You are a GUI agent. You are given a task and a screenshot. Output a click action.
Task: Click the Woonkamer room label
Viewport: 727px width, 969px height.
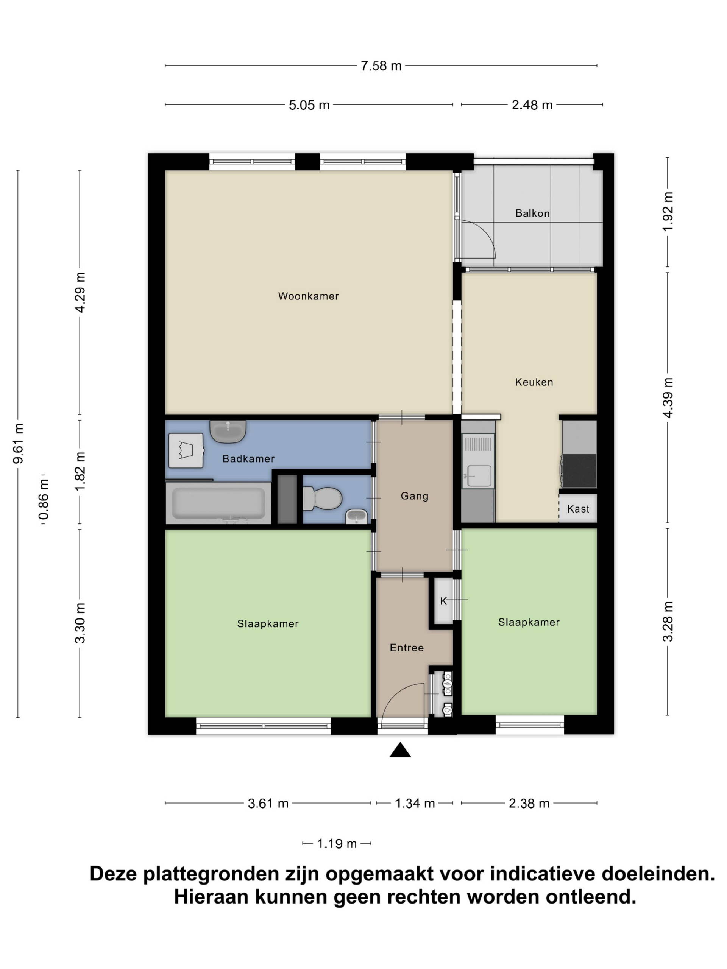(308, 296)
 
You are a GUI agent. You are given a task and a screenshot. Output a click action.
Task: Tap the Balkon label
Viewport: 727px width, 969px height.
(532, 213)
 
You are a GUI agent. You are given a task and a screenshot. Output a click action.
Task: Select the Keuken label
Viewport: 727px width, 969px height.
(534, 382)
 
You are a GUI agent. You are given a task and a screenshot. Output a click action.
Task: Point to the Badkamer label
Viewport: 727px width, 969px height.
(248, 459)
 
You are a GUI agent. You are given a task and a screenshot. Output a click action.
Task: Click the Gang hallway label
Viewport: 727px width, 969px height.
(414, 496)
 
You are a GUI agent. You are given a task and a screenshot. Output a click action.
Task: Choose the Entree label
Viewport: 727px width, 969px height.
(407, 648)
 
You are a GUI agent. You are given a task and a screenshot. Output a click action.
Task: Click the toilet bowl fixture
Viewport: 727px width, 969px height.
(322, 499)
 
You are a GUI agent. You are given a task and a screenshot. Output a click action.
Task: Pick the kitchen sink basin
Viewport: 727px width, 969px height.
(479, 475)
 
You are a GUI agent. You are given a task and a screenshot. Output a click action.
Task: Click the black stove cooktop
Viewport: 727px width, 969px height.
(579, 470)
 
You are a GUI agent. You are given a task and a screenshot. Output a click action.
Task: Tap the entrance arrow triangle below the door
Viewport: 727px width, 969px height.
(400, 750)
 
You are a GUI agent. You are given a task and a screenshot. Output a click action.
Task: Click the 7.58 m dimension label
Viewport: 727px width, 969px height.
(381, 66)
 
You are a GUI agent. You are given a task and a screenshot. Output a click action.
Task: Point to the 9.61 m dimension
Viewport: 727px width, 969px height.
(19, 443)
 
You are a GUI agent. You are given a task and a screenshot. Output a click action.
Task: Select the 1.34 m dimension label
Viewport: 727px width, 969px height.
(415, 803)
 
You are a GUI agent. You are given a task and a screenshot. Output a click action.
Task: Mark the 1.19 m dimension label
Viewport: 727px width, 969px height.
(337, 843)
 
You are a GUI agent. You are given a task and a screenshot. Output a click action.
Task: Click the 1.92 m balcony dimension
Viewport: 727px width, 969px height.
(668, 212)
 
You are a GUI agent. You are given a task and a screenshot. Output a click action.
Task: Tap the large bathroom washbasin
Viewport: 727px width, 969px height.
(228, 431)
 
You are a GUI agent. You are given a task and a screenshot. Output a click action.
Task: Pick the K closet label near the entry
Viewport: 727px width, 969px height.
(443, 601)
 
